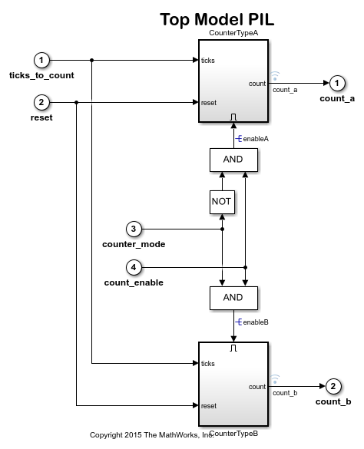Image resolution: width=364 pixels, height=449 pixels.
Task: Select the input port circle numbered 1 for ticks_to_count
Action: [42, 60]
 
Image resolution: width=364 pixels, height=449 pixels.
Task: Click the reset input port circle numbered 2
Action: [42, 102]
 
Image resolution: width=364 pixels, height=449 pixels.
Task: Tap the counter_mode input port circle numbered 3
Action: [134, 229]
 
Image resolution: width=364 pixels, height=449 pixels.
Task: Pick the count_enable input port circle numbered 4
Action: [134, 267]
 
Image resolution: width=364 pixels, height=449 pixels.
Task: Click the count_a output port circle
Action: [336, 83]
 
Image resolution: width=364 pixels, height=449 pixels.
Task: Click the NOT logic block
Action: [221, 201]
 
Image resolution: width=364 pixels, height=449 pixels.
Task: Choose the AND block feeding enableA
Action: [233, 160]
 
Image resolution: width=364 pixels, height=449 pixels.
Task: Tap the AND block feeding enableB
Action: [233, 297]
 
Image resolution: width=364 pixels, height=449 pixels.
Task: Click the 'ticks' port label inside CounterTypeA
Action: [208, 60]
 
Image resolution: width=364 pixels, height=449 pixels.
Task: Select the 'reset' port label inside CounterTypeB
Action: [208, 405]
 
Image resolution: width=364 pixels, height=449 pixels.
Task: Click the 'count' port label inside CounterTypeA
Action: [257, 83]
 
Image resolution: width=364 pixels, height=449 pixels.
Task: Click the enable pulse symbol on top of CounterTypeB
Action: [233, 348]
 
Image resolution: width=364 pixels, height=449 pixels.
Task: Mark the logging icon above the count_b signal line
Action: [275, 378]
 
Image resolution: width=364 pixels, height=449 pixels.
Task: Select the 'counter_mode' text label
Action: [134, 244]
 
